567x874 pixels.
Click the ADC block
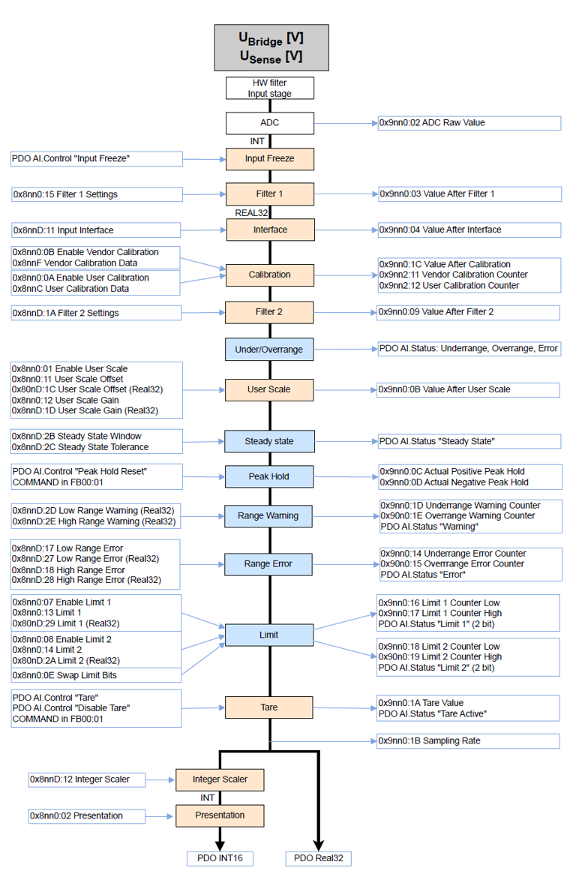(x=270, y=122)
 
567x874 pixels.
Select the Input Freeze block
(x=270, y=159)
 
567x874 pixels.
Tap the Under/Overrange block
(x=269, y=349)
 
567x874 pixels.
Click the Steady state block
(x=269, y=441)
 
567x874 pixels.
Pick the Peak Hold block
(x=269, y=476)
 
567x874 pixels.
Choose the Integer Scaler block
(x=220, y=779)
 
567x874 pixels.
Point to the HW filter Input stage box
(x=270, y=89)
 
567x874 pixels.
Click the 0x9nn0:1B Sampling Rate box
(x=468, y=740)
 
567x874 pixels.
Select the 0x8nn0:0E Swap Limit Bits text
(x=64, y=675)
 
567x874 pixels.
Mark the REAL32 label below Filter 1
(x=252, y=212)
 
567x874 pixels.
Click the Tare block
(x=269, y=707)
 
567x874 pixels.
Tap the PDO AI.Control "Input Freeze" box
(x=97, y=158)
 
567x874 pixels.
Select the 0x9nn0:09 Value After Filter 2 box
(x=468, y=311)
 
